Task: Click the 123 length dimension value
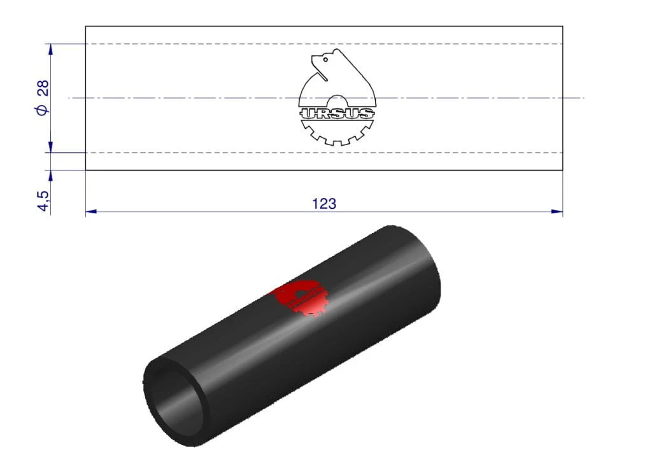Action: click(x=324, y=204)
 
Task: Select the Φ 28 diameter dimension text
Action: click(x=43, y=97)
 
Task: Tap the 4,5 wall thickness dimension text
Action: click(x=43, y=201)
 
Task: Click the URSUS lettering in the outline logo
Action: click(x=337, y=113)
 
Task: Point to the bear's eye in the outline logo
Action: click(x=325, y=59)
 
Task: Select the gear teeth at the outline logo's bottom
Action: click(x=337, y=133)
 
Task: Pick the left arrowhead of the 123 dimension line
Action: click(x=91, y=211)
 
